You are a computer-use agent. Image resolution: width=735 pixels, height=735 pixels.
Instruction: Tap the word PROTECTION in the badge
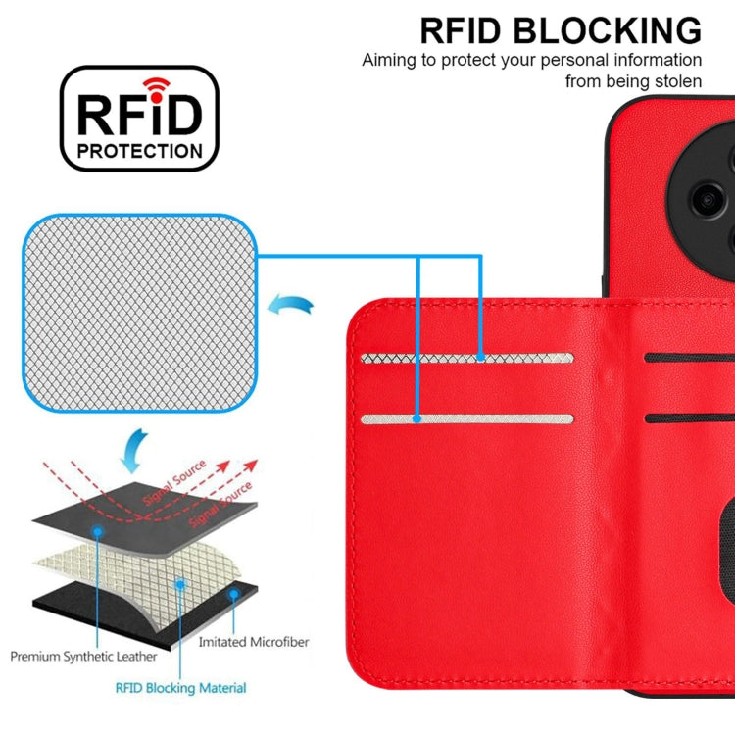point(140,152)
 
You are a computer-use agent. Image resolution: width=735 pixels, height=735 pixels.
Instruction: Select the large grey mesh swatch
point(140,314)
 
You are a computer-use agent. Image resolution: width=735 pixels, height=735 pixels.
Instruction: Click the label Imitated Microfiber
point(253,642)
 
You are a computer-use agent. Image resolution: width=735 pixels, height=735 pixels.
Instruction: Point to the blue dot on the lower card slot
point(416,419)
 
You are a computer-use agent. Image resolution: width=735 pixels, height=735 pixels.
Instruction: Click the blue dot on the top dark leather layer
point(99,531)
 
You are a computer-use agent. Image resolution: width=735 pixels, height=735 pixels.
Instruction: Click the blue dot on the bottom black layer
point(232,593)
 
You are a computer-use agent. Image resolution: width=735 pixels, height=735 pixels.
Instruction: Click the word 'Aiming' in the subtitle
point(387,60)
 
